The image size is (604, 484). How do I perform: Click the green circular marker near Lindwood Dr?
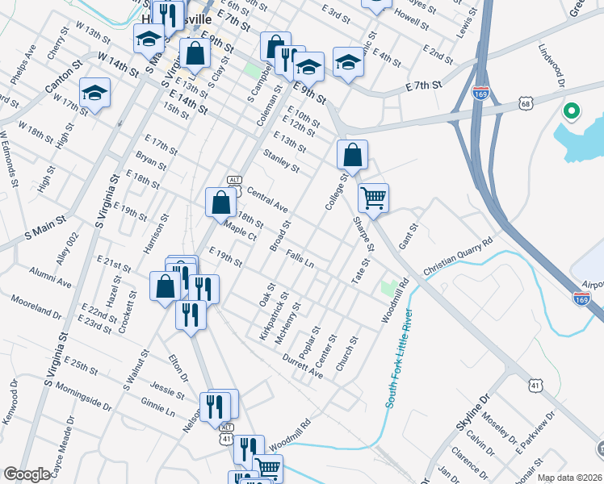(x=572, y=111)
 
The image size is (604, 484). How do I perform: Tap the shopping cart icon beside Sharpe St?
(x=373, y=197)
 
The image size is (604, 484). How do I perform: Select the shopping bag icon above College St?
(x=352, y=152)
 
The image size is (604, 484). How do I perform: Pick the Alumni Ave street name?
(x=49, y=277)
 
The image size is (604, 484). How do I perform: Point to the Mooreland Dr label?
(x=36, y=307)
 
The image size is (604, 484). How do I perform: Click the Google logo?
(x=27, y=474)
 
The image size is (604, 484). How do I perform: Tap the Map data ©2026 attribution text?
(x=569, y=478)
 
